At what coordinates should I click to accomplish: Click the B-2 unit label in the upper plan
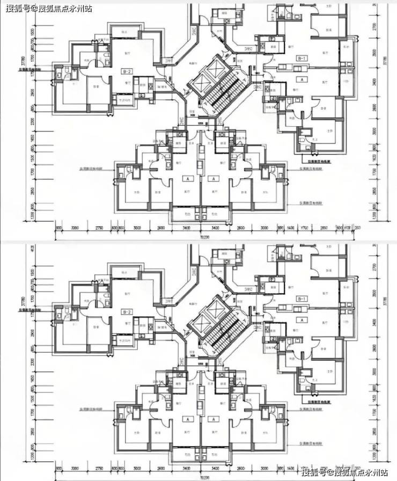coord(127,70)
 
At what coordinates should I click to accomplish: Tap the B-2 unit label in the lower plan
coord(127,311)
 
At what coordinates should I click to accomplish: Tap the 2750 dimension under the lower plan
coord(99,469)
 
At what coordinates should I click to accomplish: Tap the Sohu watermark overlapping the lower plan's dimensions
coord(344,473)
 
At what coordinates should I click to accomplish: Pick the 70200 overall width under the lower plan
coord(204,477)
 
